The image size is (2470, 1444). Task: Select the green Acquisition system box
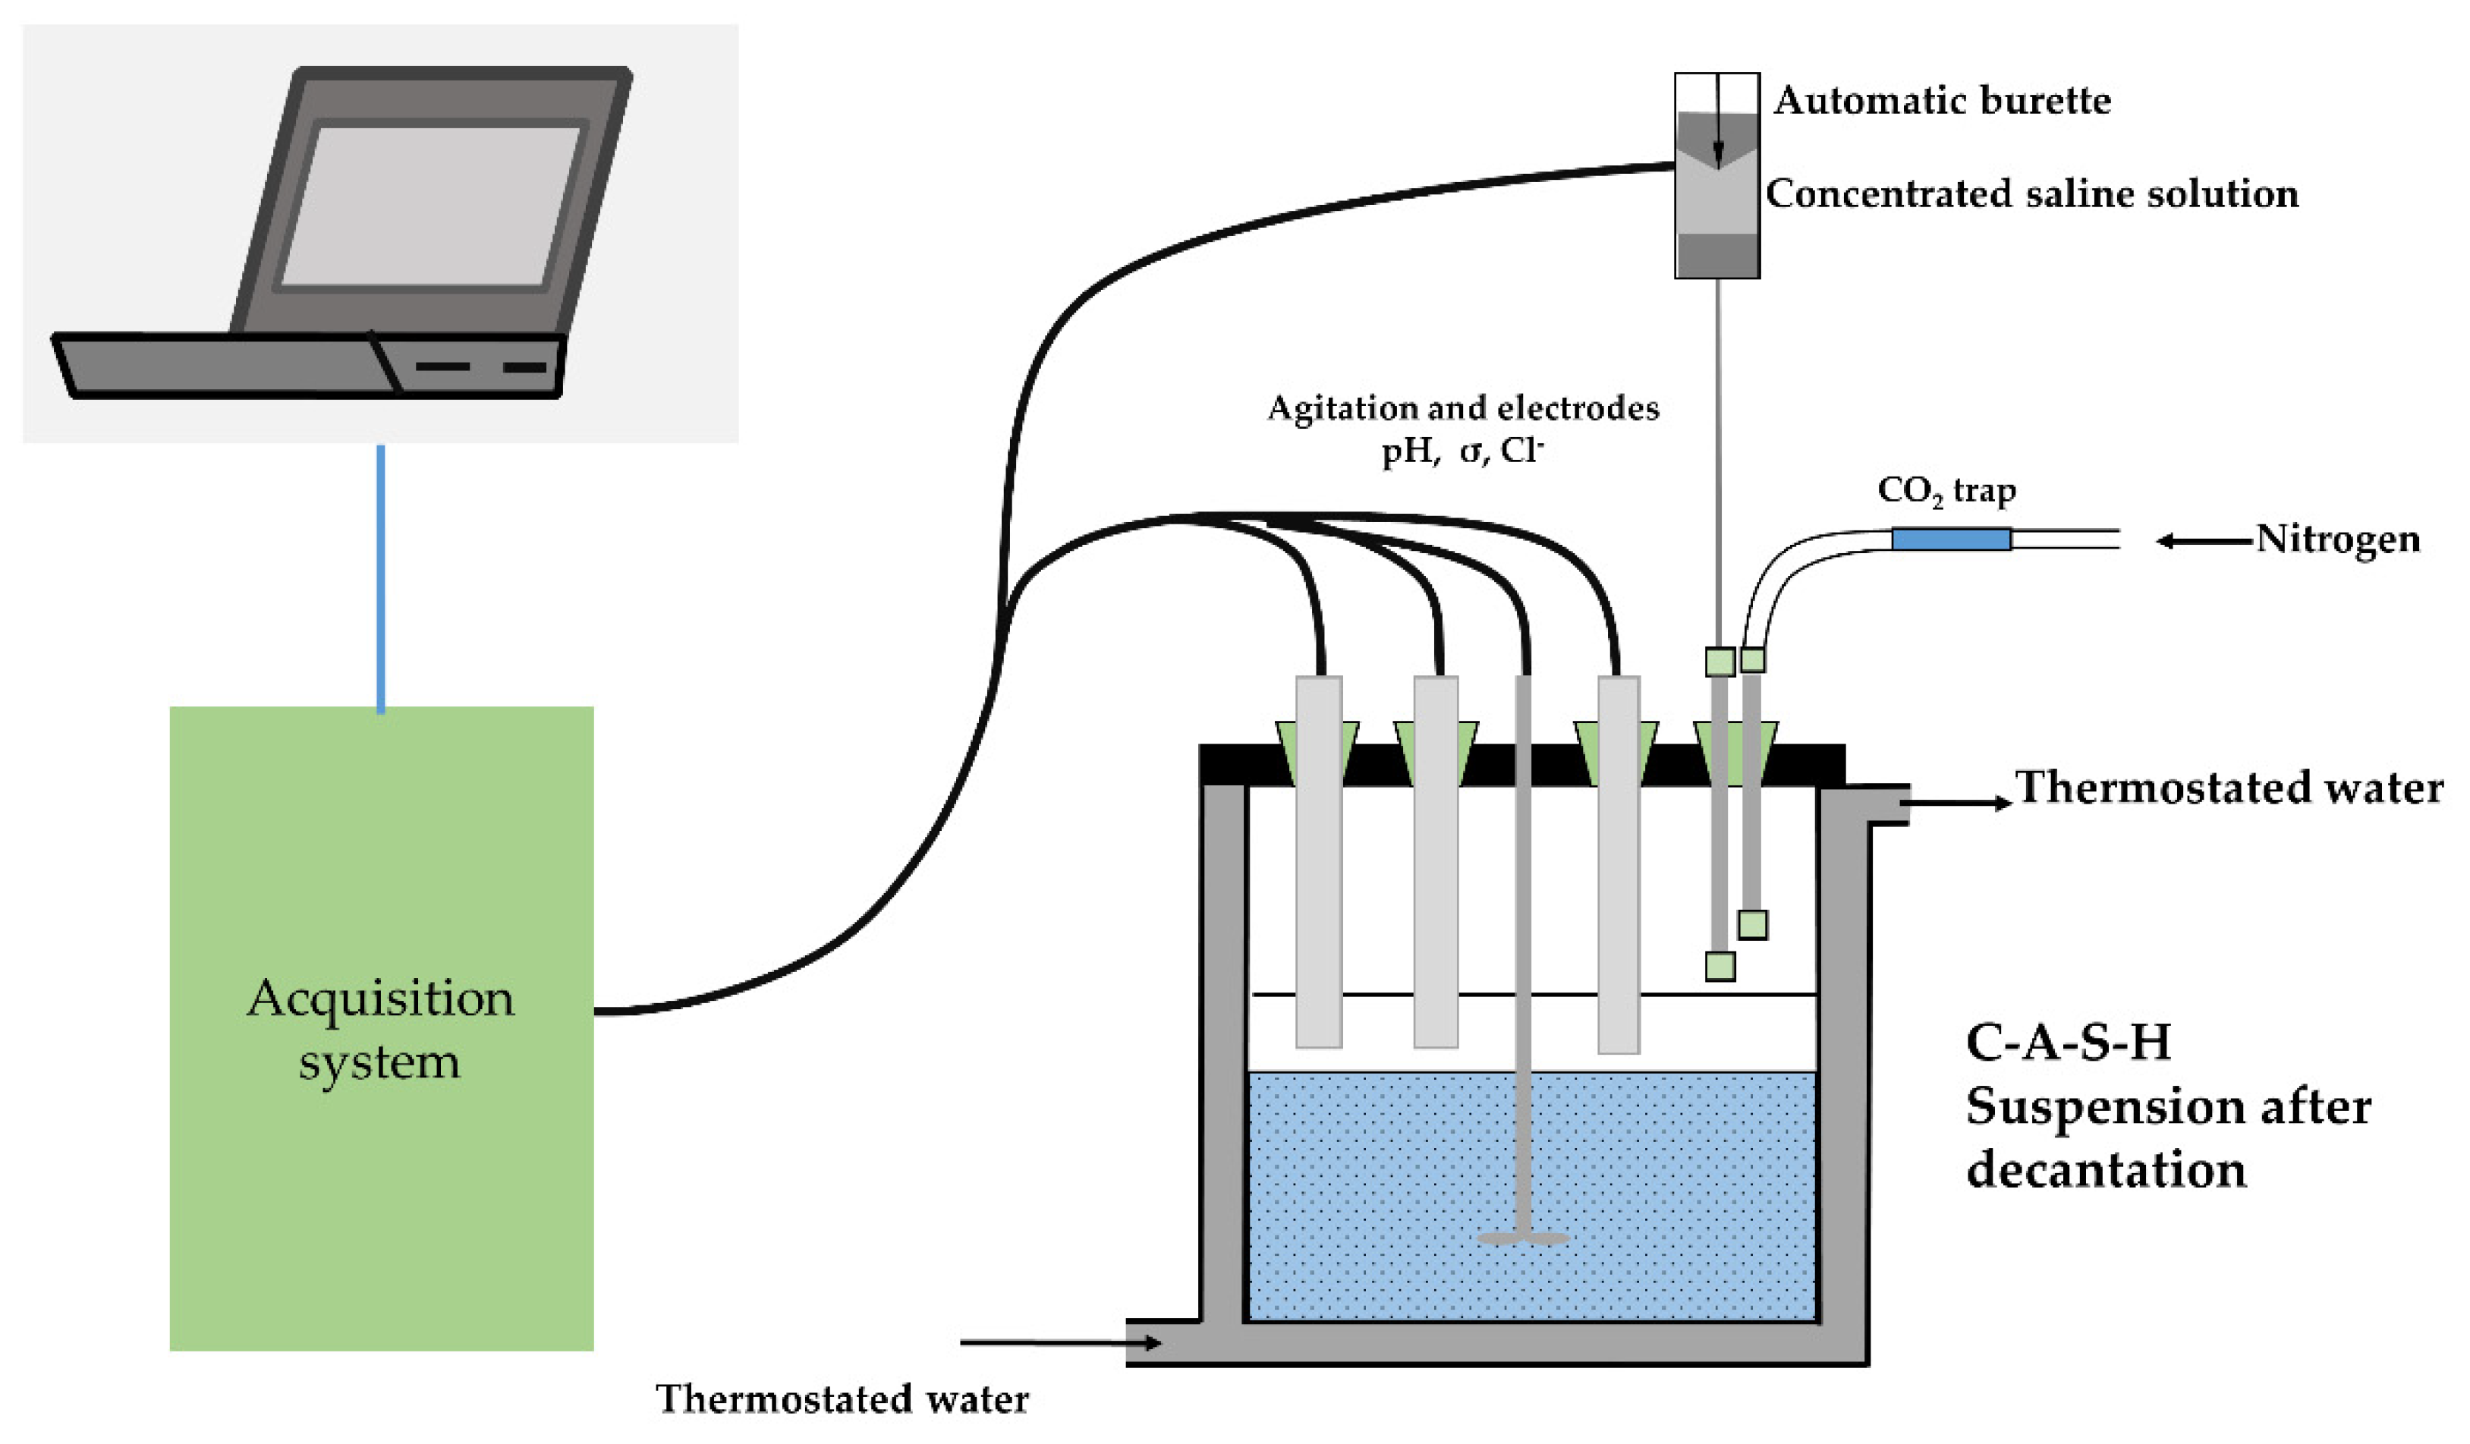pos(381,1028)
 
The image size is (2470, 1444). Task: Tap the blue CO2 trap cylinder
pos(1950,540)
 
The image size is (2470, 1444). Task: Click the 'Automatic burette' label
pos(1943,100)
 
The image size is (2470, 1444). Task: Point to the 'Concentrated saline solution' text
pos(2032,193)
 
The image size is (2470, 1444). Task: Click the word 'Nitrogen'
pos(2338,540)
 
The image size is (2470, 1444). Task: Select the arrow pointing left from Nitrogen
pos(2205,540)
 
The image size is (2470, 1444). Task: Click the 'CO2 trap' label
pos(1946,491)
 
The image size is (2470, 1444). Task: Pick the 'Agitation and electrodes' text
pos(1463,407)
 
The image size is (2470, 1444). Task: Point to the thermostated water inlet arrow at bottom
pos(1061,1342)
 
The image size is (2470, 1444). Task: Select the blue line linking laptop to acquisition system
pos(381,578)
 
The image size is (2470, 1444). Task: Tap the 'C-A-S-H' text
pos(2068,1042)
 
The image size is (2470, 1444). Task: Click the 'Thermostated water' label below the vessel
pos(843,1399)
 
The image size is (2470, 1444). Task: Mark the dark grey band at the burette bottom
pos(1717,255)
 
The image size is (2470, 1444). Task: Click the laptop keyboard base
pos(309,365)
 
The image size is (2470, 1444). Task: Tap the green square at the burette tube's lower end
pos(1720,967)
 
